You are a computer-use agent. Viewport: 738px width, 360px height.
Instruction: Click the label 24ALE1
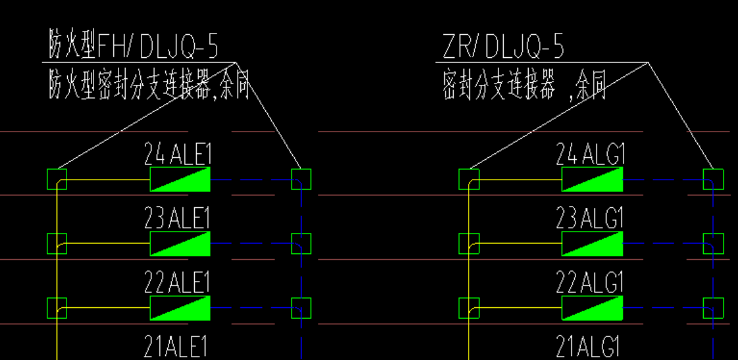(x=178, y=155)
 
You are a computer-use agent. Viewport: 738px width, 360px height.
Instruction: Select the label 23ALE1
(x=178, y=219)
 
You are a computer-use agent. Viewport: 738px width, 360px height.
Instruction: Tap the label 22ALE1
(x=178, y=282)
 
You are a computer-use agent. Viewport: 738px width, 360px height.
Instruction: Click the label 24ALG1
(x=590, y=155)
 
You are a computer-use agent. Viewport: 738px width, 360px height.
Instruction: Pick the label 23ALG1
(x=590, y=219)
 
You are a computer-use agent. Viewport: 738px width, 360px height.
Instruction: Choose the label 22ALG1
(x=590, y=282)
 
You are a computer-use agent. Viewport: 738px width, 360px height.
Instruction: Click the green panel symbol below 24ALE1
(x=180, y=179)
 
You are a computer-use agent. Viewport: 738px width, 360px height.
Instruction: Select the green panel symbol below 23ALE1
(x=180, y=244)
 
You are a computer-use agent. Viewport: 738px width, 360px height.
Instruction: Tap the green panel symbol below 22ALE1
(x=180, y=307)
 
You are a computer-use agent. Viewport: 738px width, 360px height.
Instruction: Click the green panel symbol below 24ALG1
(x=592, y=179)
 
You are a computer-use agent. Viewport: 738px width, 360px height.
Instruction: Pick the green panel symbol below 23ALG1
(x=592, y=244)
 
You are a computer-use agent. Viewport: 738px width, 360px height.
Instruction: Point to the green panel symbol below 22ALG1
(x=592, y=307)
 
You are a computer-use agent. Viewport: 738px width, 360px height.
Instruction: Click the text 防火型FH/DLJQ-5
(x=134, y=47)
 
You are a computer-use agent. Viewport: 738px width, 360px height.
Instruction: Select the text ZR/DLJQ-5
(x=503, y=47)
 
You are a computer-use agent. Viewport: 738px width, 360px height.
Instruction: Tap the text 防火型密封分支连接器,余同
(x=149, y=86)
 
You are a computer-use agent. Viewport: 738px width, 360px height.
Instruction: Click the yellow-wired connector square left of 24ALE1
(x=57, y=179)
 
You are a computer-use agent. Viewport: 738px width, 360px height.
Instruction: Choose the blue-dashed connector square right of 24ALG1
(x=713, y=179)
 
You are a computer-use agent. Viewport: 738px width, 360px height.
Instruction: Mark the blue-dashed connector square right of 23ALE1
(x=301, y=244)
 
